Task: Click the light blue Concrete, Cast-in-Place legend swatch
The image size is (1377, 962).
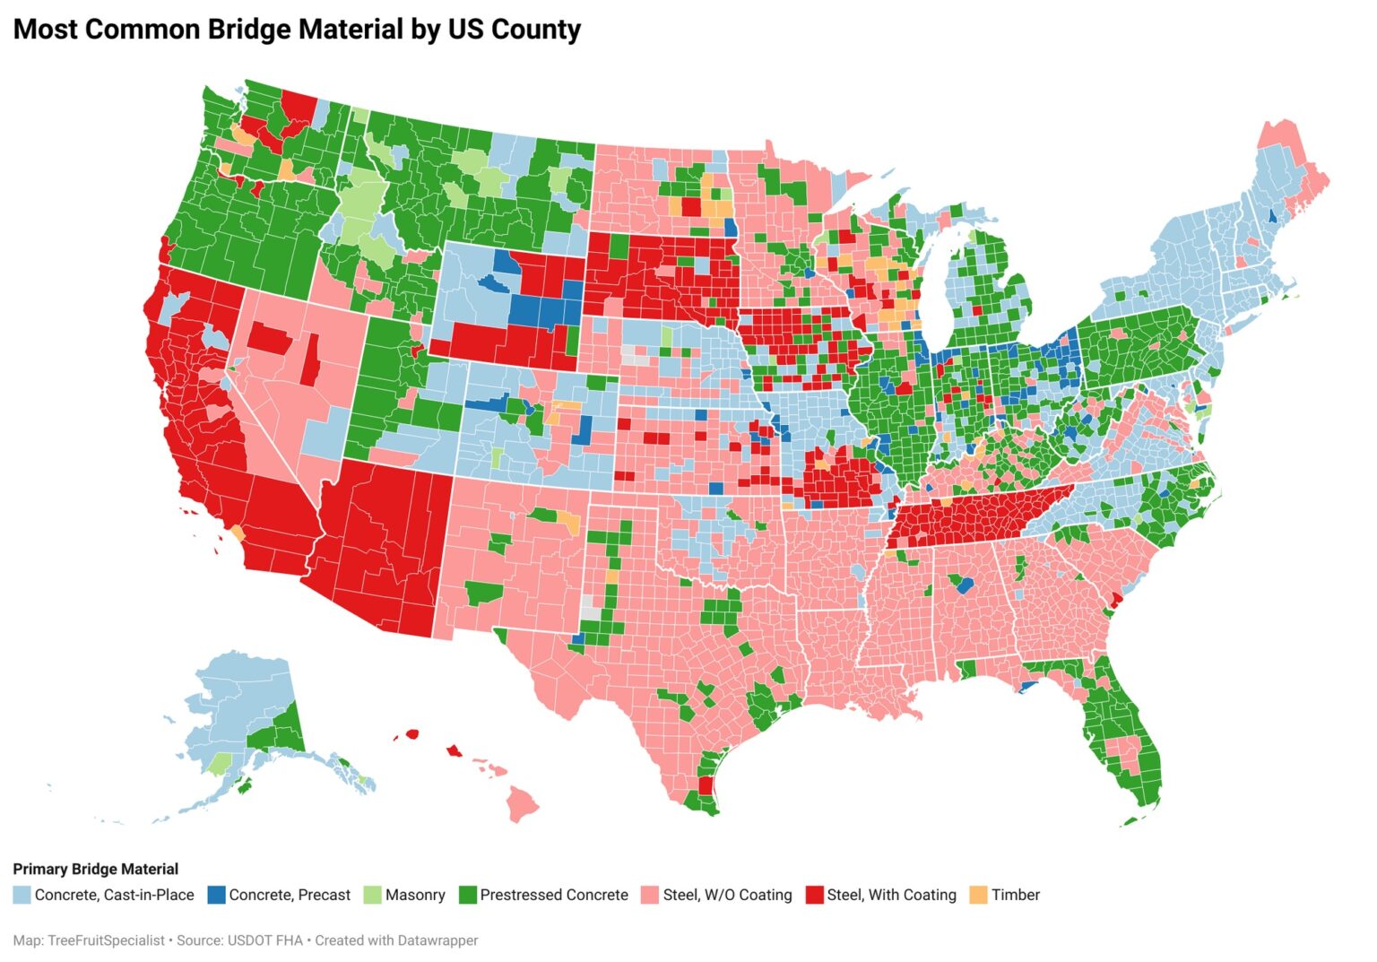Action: point(22,895)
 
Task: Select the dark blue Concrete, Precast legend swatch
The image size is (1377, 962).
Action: point(216,895)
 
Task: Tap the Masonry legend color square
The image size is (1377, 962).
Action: point(372,895)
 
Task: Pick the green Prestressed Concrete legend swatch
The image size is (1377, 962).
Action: point(467,895)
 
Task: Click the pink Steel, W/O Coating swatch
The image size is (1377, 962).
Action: point(650,895)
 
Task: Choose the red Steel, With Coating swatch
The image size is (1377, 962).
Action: point(814,895)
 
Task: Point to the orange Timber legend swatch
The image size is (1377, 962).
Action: point(979,895)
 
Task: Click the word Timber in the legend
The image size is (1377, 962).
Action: point(1016,895)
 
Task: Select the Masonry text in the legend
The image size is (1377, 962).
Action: point(415,895)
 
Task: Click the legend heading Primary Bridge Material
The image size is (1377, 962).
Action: point(95,869)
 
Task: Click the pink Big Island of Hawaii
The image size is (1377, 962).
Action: point(523,803)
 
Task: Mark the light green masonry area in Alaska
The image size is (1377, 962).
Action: point(218,764)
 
